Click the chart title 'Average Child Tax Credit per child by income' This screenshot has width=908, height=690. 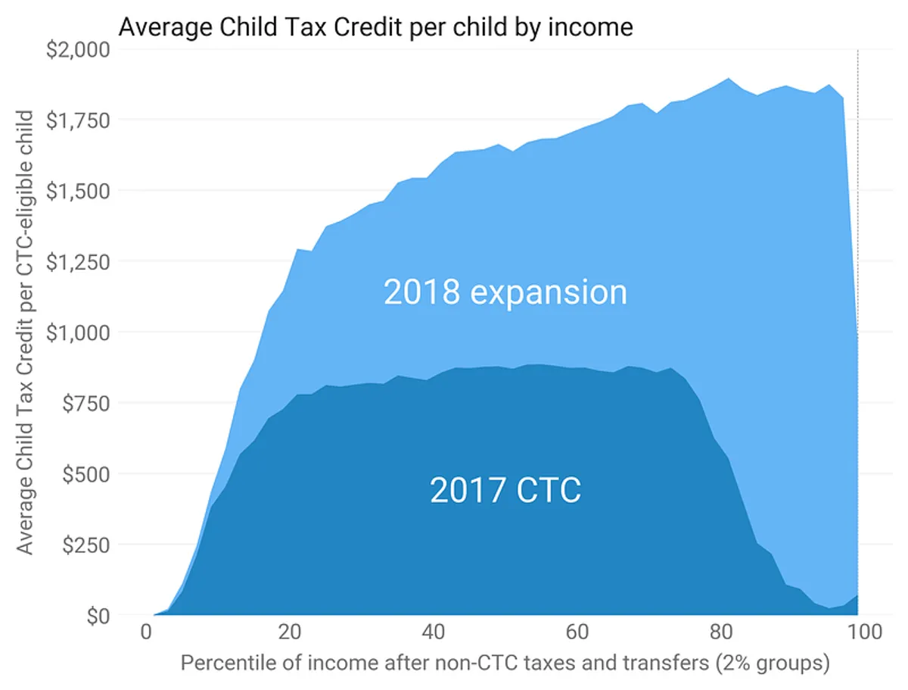click(375, 27)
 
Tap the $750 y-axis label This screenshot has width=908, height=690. click(85, 404)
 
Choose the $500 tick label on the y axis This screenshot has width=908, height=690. click(85, 474)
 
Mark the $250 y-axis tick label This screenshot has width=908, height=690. click(85, 545)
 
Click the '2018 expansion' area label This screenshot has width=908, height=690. click(505, 292)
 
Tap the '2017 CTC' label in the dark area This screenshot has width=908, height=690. click(505, 490)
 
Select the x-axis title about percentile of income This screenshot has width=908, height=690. click(505, 664)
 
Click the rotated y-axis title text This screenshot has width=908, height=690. click(26, 333)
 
